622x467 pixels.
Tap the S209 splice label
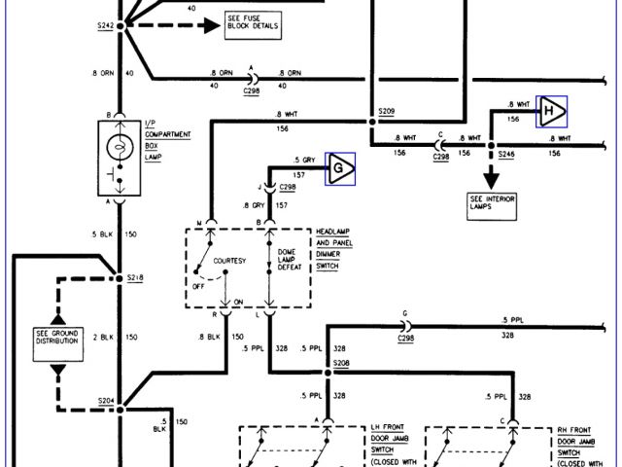click(387, 114)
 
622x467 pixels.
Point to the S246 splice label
click(507, 154)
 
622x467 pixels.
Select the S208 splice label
click(340, 363)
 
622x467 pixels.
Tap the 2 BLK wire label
click(102, 337)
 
